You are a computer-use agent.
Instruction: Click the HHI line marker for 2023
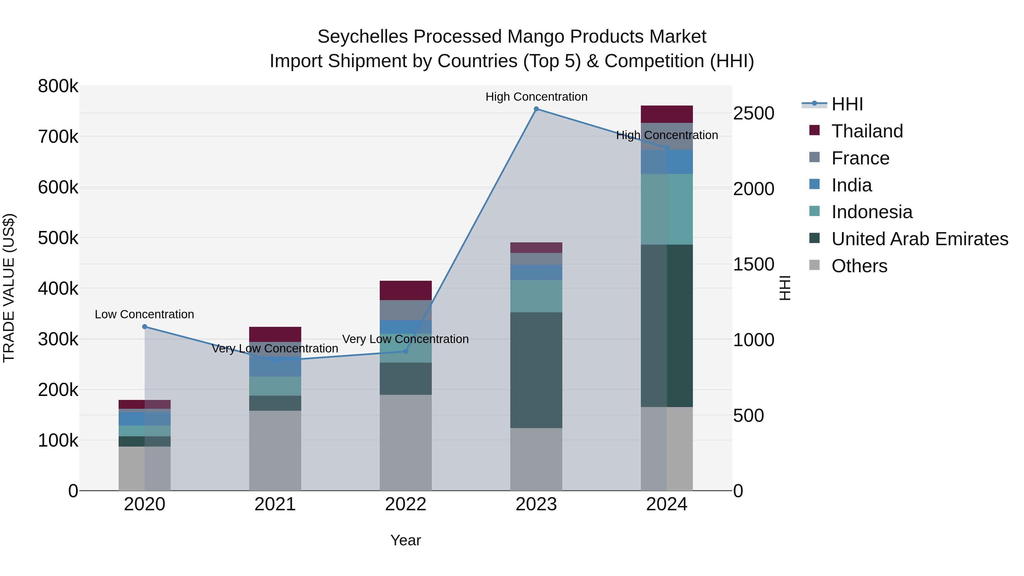coord(536,109)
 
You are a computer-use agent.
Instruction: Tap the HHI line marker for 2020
coord(145,327)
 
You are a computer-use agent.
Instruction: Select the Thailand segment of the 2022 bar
coord(405,290)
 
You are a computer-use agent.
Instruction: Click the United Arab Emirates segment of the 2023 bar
coord(536,370)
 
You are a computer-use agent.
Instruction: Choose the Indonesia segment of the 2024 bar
coord(667,209)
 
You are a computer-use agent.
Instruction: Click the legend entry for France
coord(860,158)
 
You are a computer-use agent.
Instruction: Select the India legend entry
coord(851,185)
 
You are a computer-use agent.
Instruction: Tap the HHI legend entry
coord(847,104)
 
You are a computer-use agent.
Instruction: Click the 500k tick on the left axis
coord(58,238)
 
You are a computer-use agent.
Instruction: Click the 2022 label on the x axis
coord(405,504)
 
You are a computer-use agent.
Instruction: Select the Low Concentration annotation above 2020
coord(144,314)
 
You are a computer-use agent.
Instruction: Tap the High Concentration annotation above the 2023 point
coord(536,97)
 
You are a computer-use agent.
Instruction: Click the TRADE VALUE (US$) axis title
coord(9,288)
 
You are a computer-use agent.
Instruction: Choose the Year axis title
coord(405,540)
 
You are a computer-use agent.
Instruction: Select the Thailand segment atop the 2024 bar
coord(667,114)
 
